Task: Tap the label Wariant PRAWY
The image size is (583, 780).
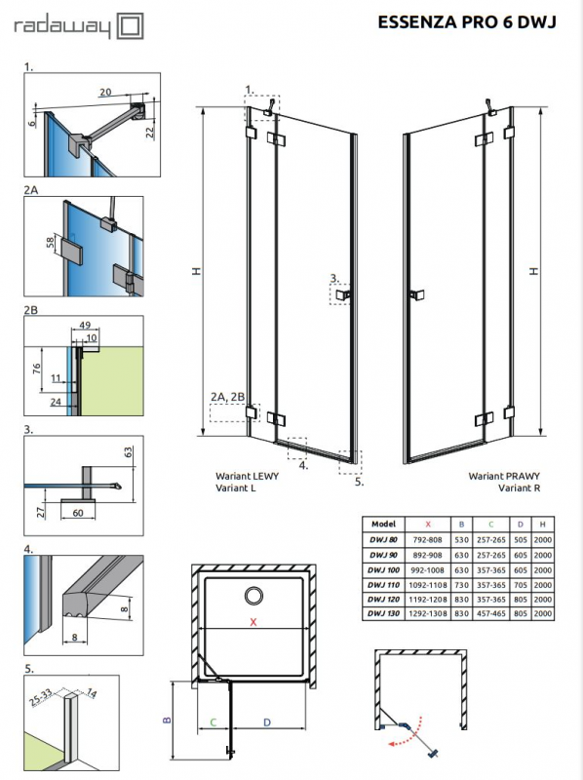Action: [x=497, y=476]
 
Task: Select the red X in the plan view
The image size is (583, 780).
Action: [x=254, y=621]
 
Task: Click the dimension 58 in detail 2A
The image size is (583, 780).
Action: [x=48, y=242]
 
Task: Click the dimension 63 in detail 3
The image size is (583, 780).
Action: [x=128, y=451]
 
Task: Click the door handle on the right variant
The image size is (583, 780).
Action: [x=417, y=293]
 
